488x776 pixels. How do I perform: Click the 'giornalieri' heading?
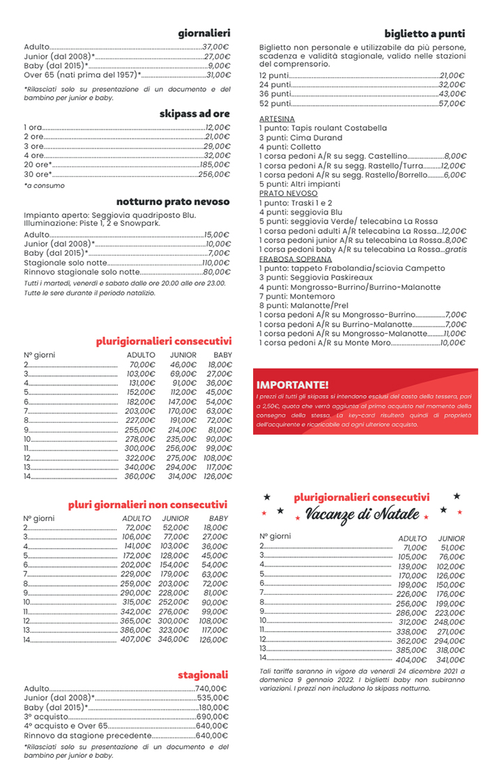click(x=204, y=33)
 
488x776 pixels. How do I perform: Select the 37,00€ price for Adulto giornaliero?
click(x=216, y=46)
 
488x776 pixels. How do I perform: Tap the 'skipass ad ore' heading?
click(x=195, y=114)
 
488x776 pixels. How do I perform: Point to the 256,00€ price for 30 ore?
click(x=213, y=174)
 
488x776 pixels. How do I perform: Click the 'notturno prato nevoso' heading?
click(x=173, y=201)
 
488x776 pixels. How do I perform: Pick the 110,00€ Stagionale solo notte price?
click(x=215, y=263)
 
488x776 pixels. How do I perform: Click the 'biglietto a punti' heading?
click(x=425, y=33)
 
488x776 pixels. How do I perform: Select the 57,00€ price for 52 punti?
click(x=452, y=103)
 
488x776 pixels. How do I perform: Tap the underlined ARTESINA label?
click(x=277, y=119)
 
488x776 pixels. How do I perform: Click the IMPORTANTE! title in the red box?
click(x=292, y=385)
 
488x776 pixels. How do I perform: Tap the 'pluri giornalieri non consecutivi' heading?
click(x=148, y=504)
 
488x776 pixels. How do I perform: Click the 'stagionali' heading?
click(x=203, y=675)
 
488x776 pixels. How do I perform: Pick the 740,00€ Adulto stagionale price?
click(x=212, y=688)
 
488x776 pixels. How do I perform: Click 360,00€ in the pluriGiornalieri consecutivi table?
click(x=140, y=476)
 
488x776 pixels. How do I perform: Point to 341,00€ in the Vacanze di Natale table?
click(x=450, y=659)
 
